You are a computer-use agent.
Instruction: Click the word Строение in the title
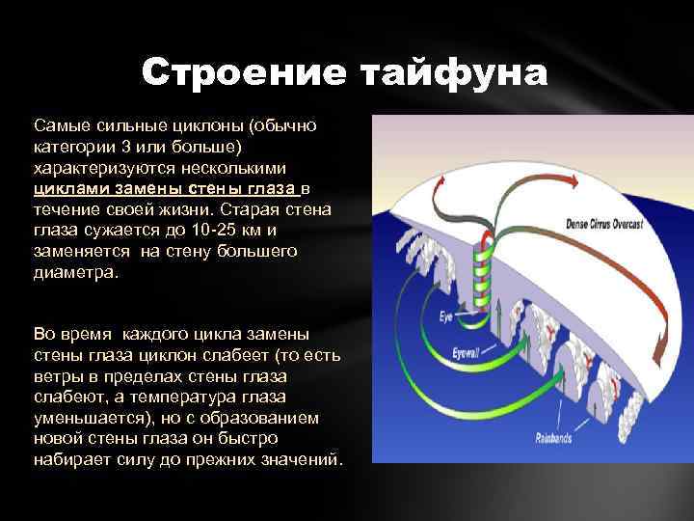click(244, 72)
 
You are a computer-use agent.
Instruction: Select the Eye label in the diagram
click(446, 315)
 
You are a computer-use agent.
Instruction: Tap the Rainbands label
click(555, 438)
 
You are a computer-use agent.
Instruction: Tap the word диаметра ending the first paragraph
click(75, 272)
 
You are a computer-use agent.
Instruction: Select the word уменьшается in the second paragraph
click(82, 418)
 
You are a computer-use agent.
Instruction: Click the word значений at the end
click(302, 459)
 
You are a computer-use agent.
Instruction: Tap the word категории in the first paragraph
click(73, 144)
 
